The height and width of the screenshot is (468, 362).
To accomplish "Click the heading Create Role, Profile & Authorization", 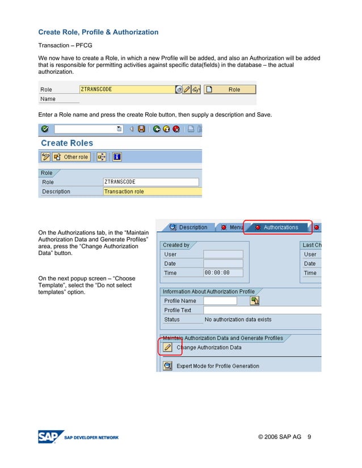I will tap(98, 32).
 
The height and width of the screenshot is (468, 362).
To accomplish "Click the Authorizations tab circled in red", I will tap(277, 227).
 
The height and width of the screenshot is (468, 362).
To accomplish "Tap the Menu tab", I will tap(232, 227).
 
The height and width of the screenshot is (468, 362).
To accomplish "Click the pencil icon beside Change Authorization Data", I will tap(167, 347).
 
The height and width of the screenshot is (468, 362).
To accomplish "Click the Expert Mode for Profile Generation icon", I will tap(167, 366).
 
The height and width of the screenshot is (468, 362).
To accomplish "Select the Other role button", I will tap(71, 157).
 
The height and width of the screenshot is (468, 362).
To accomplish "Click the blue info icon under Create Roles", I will tap(117, 157).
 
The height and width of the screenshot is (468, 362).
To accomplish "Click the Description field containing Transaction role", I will tap(152, 192).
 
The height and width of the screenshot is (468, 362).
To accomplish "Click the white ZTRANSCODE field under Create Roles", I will tap(151, 182).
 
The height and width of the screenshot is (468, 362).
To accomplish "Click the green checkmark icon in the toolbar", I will tap(45, 129).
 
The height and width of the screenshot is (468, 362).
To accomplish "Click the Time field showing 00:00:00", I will tap(223, 273).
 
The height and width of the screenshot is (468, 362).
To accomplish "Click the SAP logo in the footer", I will tap(49, 437).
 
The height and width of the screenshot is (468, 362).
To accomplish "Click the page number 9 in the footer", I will tap(309, 437).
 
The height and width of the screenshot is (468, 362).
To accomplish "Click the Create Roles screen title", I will tap(67, 143).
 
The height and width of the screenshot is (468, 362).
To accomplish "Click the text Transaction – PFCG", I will tap(65, 45).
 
